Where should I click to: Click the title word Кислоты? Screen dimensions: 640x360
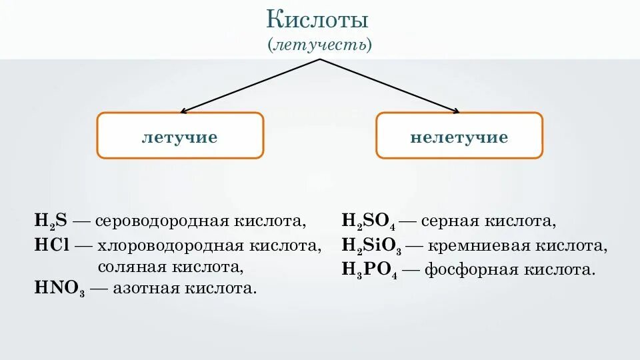pos(318,19)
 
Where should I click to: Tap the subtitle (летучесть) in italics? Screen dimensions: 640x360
pos(320,45)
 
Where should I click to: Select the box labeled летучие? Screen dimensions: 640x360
pos(180,136)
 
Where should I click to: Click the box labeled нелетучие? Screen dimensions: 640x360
pos(459,136)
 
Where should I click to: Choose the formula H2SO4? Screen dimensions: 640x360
pos(369,221)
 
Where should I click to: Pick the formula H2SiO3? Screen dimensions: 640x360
pos(371,246)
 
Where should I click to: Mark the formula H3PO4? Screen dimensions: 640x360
pos(369,269)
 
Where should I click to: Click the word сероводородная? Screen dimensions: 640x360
pos(162,221)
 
